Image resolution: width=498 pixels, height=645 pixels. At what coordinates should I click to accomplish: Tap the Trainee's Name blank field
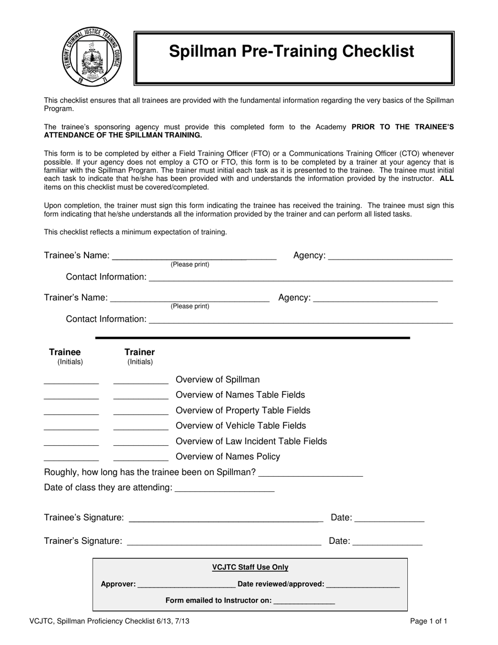[194, 257]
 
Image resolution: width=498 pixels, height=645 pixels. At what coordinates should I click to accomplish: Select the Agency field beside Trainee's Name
[390, 257]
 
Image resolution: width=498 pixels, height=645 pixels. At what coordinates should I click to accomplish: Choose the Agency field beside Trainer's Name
[375, 299]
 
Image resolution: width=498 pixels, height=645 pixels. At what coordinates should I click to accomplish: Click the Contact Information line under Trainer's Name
[301, 320]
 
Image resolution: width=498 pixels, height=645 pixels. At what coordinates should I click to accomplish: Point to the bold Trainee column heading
[65, 352]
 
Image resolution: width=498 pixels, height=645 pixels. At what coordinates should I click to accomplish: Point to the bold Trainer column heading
[139, 352]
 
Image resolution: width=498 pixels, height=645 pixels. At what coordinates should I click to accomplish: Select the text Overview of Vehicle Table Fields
[241, 426]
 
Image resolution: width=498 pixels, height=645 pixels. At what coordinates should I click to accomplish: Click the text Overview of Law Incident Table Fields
[251, 442]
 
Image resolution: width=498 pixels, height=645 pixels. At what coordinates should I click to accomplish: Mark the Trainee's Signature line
[225, 519]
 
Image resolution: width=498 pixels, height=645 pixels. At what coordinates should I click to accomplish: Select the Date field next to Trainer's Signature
[388, 543]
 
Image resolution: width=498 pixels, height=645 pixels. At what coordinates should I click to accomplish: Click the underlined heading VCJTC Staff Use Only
[250, 567]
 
